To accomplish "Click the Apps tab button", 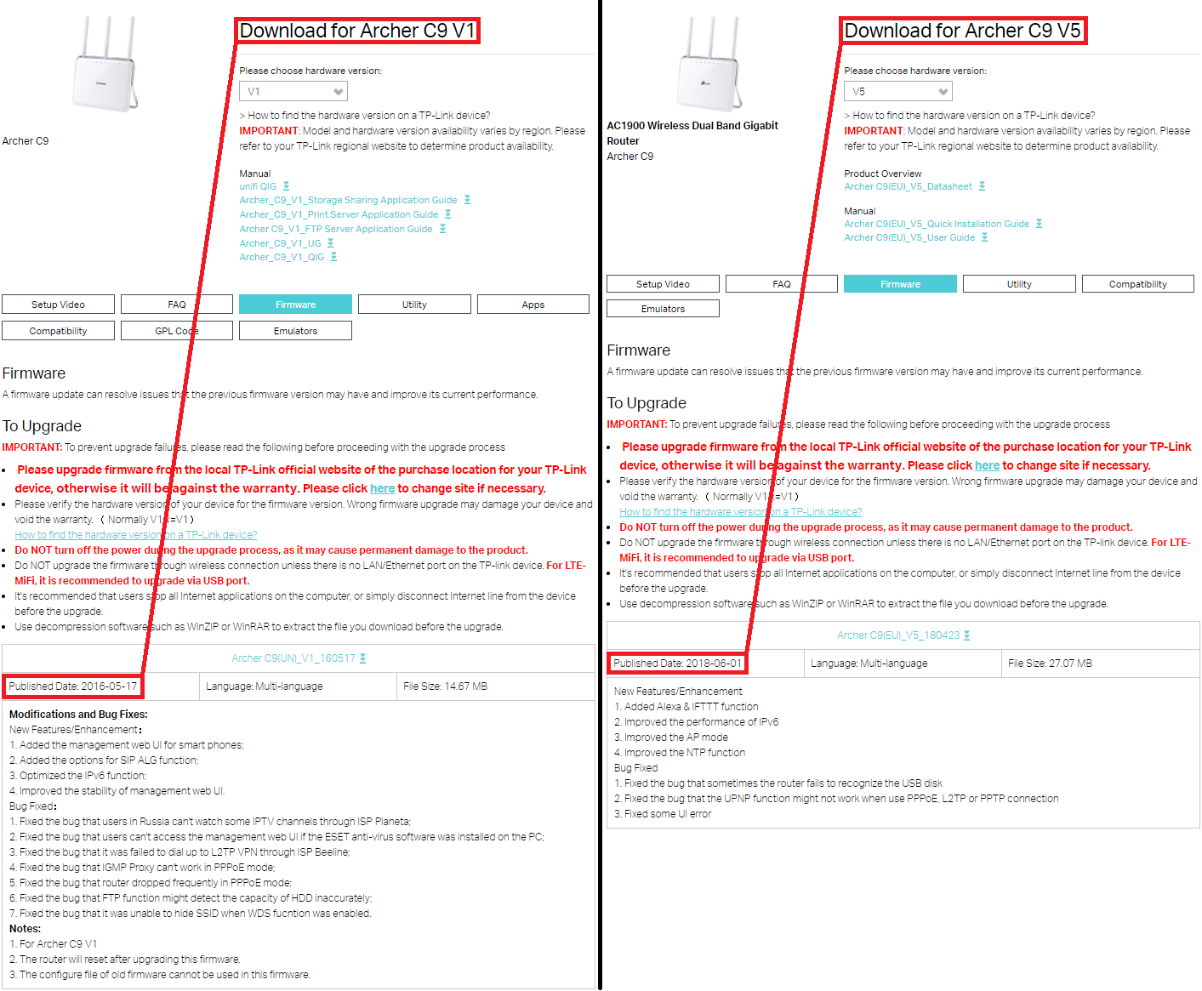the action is [533, 304].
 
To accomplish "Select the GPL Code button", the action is [177, 331].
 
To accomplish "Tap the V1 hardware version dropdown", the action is [293, 91].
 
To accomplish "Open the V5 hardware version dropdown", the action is [897, 91].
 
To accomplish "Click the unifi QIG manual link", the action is [258, 186].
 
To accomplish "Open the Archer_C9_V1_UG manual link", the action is [281, 243].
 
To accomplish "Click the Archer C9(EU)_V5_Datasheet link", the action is [908, 186].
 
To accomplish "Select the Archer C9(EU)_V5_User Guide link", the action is [909, 237].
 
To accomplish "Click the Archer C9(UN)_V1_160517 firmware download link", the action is [293, 658].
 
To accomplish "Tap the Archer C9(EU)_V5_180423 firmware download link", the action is [898, 635].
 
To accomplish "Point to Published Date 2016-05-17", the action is [73, 686].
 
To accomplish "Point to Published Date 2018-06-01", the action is [678, 663].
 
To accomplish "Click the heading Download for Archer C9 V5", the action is [962, 31].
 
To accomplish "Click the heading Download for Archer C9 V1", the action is [357, 31].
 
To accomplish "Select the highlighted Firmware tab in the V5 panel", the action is [900, 284].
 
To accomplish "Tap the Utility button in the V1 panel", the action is [414, 304].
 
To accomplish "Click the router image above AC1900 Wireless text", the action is [709, 63].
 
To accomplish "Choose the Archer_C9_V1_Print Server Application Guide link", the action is [339, 214].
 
